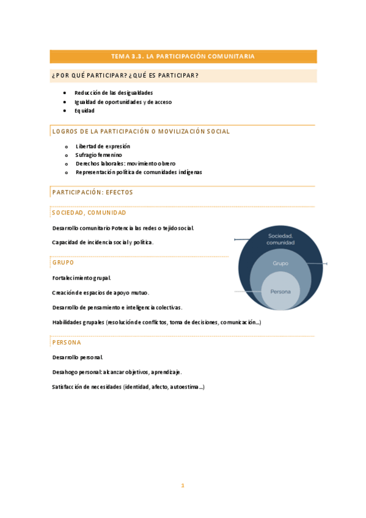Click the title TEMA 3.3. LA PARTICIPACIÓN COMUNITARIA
coord(183,56)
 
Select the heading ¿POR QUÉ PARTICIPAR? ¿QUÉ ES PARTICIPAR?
coord(125,76)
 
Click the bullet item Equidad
coord(84,111)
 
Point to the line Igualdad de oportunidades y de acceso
coord(123,102)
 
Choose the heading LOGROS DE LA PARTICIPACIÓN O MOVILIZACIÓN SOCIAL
coord(141,131)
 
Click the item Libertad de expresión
coord(103,147)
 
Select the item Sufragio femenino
coord(98,155)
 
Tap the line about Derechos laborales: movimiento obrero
coord(125,164)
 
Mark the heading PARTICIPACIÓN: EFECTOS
coord(92,192)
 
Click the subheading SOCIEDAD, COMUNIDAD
coord(89,213)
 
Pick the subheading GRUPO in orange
coord(63,262)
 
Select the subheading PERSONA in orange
coord(67,343)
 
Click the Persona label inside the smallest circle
coord(280,292)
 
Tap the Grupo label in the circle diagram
coord(280,263)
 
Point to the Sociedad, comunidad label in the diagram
coord(280,239)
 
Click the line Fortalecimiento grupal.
coord(81,278)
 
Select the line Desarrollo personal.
coord(78,357)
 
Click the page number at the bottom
coord(182,486)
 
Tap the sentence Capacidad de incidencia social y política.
coord(103,243)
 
